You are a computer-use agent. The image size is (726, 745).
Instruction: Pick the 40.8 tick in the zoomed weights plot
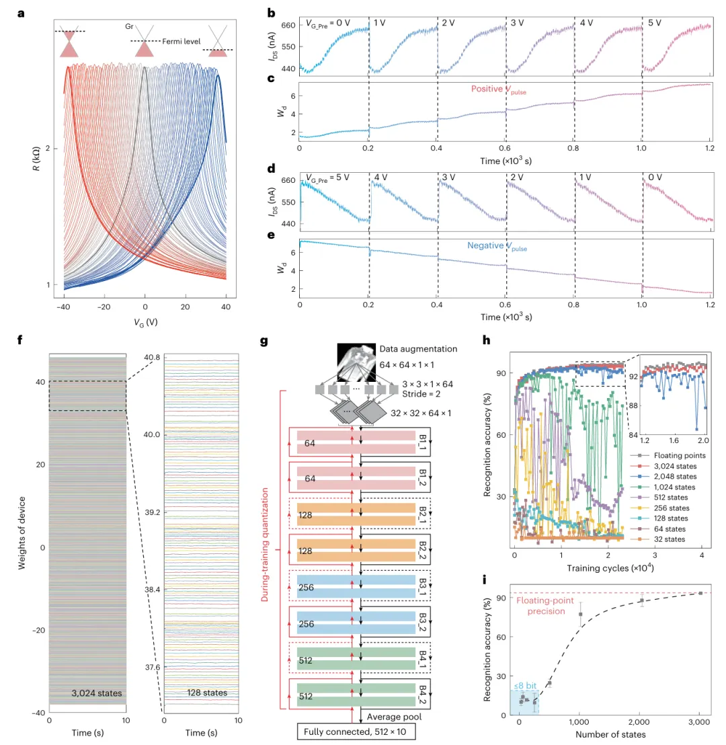point(152,356)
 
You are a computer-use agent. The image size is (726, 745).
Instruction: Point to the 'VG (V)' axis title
point(145,321)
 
